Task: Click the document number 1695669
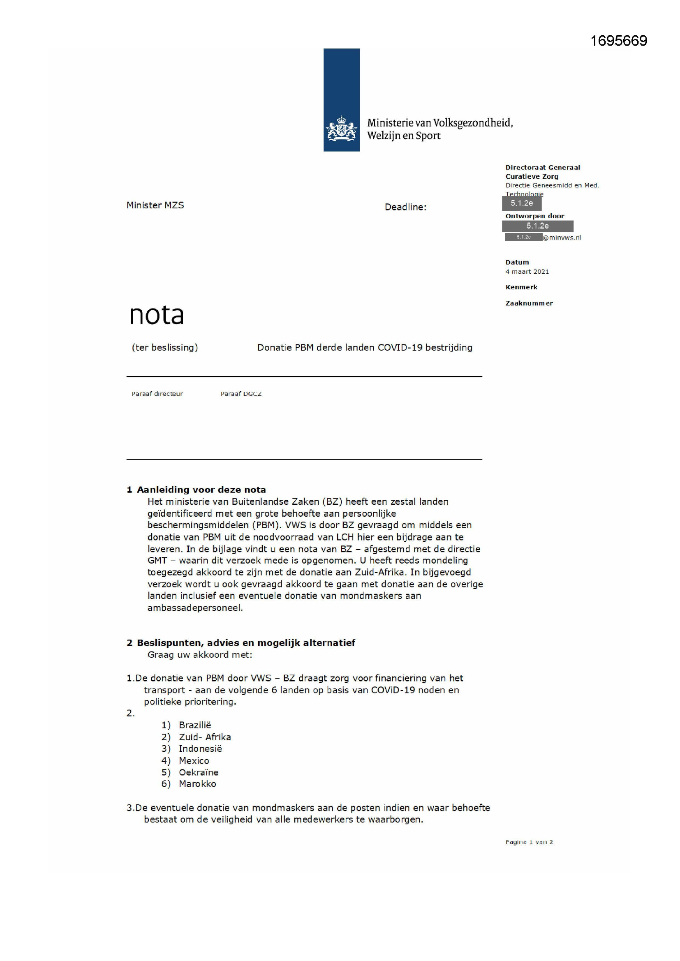(x=618, y=41)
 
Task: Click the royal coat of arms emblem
(x=341, y=128)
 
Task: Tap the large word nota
(x=156, y=315)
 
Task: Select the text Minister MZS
(x=155, y=205)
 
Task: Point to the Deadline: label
(x=405, y=207)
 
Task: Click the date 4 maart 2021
(x=527, y=272)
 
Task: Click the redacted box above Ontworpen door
(x=521, y=203)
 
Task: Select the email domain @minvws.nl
(x=562, y=237)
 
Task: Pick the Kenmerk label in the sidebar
(x=521, y=287)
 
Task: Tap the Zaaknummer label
(x=529, y=303)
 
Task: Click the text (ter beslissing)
(x=164, y=347)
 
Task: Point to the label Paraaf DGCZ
(x=241, y=394)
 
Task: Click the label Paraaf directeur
(x=157, y=394)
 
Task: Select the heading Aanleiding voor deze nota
(x=201, y=490)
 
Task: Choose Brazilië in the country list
(x=195, y=725)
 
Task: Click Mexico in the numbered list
(x=194, y=760)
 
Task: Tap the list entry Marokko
(x=197, y=784)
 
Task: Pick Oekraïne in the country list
(x=199, y=772)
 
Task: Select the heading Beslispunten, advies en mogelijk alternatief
(x=245, y=643)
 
